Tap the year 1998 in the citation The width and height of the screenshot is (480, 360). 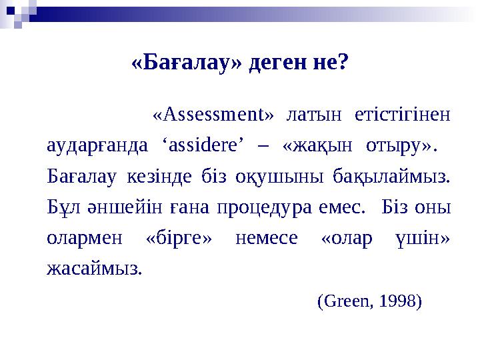pyautogui.click(x=399, y=301)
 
